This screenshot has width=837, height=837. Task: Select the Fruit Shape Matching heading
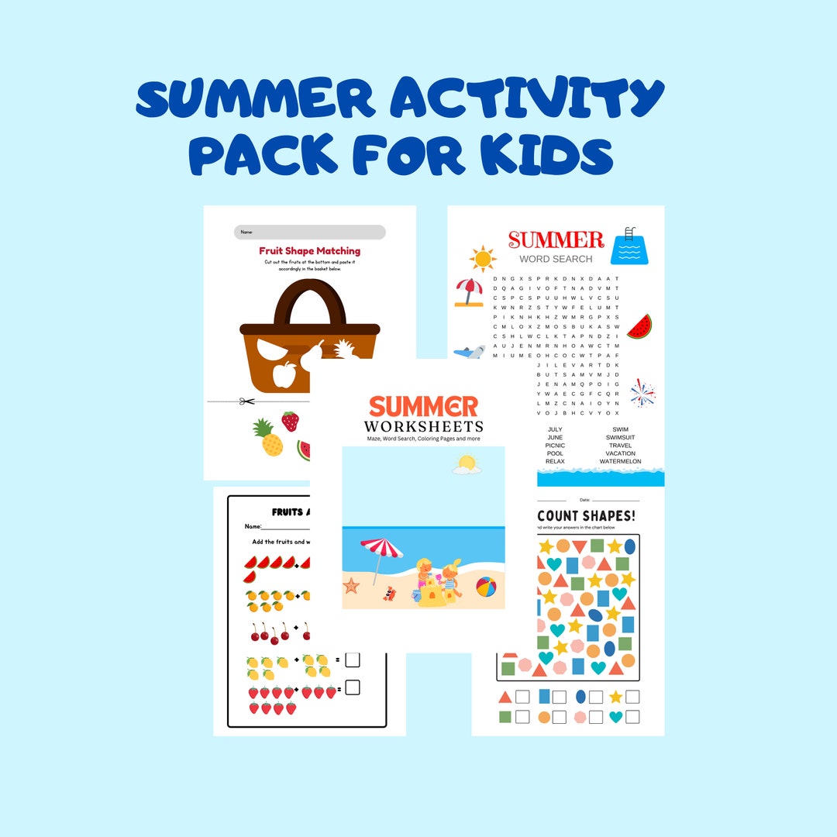[309, 251]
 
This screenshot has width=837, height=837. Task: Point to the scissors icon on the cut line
[247, 401]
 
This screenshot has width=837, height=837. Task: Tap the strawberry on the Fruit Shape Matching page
[290, 422]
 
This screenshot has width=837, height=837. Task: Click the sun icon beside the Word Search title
[482, 258]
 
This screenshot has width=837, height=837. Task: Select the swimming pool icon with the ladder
[629, 246]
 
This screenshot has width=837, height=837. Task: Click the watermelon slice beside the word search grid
[639, 327]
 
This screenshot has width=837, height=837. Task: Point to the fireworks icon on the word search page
[642, 393]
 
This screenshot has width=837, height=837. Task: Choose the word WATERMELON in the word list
[620, 462]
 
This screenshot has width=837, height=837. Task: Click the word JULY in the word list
[555, 429]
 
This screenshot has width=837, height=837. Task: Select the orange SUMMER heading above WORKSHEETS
[423, 406]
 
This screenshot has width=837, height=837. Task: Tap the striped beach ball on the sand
[486, 587]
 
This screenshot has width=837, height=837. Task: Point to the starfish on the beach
[352, 585]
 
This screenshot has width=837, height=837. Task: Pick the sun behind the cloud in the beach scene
[467, 464]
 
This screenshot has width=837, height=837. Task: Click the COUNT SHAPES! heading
[587, 515]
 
